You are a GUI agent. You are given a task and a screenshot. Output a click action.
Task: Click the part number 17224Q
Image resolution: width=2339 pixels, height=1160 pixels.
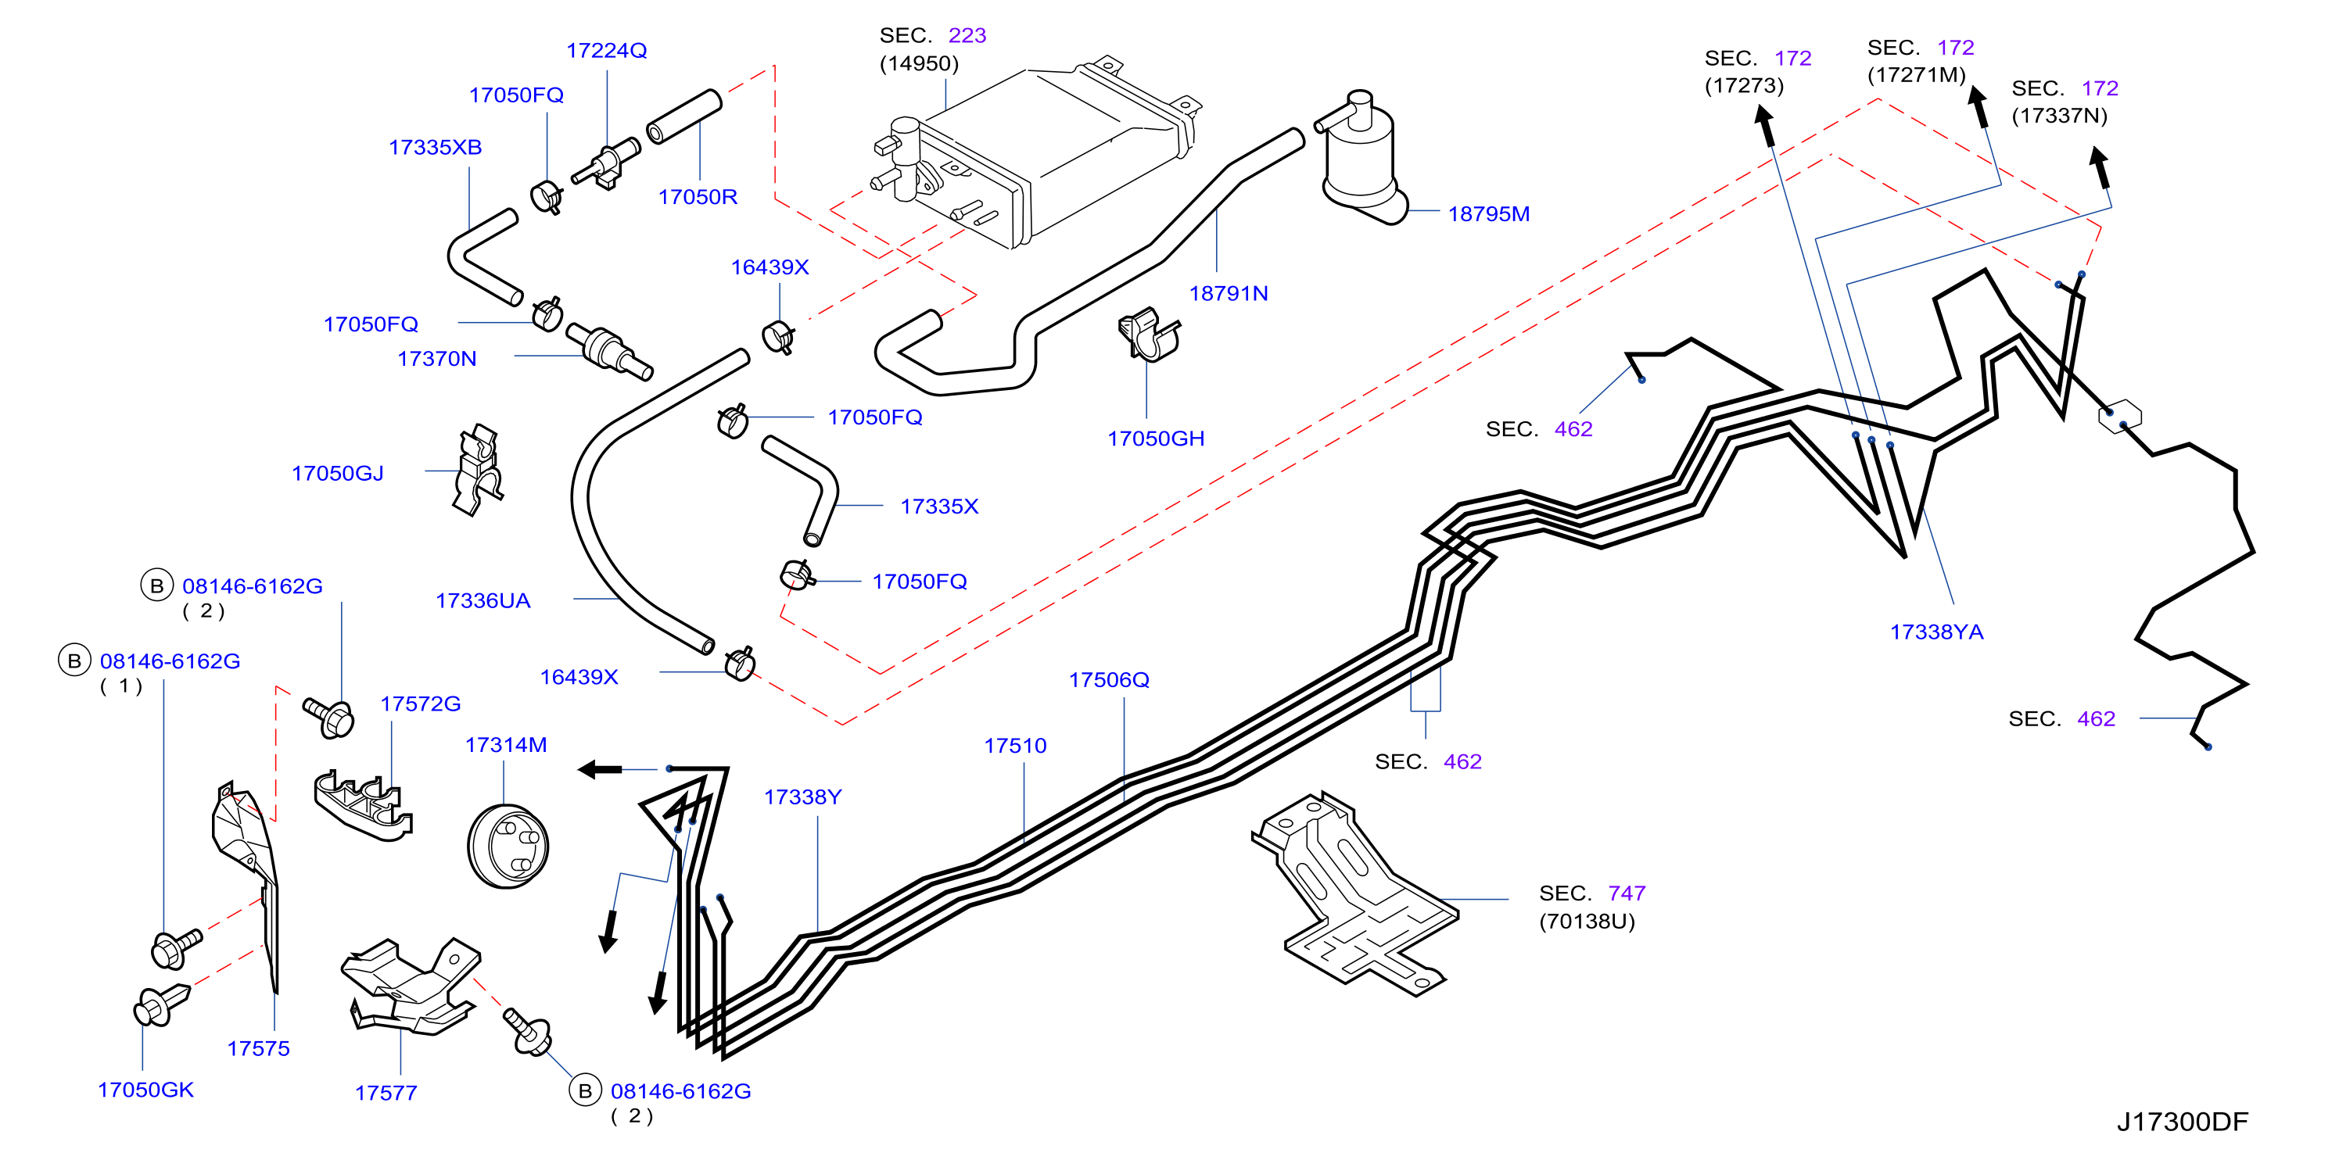click(x=607, y=51)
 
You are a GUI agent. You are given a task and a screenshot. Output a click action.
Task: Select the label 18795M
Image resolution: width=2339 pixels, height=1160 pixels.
click(x=1488, y=214)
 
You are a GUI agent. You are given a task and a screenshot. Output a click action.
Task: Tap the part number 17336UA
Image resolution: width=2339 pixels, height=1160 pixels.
click(x=483, y=601)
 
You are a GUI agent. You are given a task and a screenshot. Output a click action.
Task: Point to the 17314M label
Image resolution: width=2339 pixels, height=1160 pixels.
click(x=506, y=745)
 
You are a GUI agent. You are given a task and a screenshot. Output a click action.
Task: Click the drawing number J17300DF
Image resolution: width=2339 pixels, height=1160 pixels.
click(x=2182, y=1122)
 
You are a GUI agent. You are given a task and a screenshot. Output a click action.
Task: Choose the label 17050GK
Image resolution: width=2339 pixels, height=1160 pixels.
click(x=145, y=1090)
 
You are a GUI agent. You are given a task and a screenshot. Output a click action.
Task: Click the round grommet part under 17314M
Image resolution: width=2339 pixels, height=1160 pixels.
click(x=508, y=846)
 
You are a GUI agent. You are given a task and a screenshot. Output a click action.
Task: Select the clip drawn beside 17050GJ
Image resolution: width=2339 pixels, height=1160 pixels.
click(x=478, y=470)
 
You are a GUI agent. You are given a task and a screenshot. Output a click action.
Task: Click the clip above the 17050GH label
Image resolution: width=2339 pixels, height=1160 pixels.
click(x=1149, y=335)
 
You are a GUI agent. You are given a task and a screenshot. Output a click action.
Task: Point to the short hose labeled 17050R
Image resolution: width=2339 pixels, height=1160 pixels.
click(x=683, y=116)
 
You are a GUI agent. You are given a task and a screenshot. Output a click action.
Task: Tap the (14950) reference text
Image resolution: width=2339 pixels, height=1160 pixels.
click(x=919, y=63)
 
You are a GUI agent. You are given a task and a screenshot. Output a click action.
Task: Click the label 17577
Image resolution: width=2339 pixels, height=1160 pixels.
click(x=386, y=1094)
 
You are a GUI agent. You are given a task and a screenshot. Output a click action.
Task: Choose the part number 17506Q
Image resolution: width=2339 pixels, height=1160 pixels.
click(x=1109, y=680)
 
